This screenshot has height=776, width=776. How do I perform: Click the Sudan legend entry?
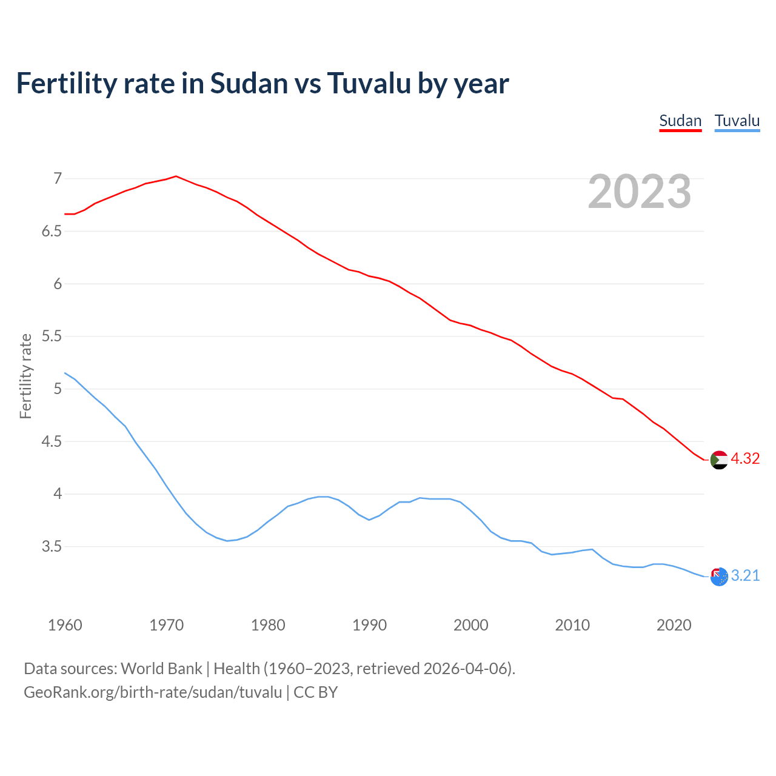(x=680, y=121)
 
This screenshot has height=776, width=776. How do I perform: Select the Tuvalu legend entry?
(x=737, y=121)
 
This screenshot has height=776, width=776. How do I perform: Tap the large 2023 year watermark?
(x=640, y=192)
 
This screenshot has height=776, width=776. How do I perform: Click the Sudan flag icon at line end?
(x=719, y=460)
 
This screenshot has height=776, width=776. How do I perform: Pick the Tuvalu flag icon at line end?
(x=719, y=577)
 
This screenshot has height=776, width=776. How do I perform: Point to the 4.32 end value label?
(x=745, y=459)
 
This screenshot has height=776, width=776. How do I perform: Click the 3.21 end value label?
(x=745, y=575)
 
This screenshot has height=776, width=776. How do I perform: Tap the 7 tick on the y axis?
(x=58, y=178)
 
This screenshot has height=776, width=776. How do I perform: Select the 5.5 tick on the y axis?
(x=52, y=336)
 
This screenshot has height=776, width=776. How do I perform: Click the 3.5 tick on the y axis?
(x=52, y=546)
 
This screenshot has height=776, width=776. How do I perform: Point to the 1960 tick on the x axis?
(x=65, y=625)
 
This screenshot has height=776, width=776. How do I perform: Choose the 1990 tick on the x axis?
(x=369, y=625)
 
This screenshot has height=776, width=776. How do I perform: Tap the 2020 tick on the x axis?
(x=674, y=625)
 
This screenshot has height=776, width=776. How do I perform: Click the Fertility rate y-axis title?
(x=25, y=376)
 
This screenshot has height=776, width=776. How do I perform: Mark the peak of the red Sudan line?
(x=176, y=176)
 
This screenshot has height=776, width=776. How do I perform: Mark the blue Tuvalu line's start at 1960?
(x=65, y=373)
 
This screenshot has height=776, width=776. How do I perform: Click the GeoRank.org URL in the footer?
(x=153, y=692)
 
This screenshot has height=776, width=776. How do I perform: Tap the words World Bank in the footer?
(x=161, y=669)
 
